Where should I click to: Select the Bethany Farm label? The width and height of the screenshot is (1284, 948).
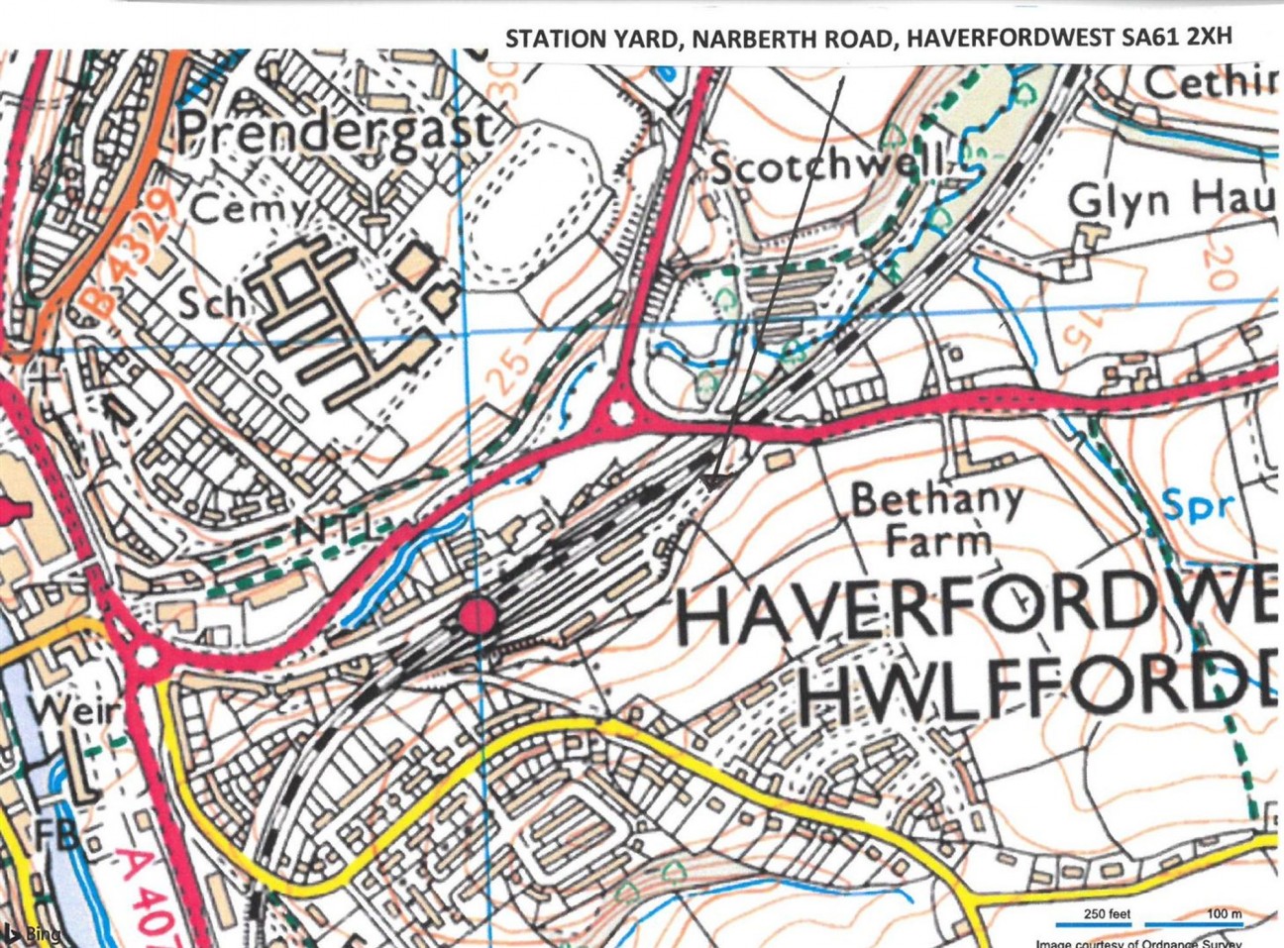[x=937, y=519]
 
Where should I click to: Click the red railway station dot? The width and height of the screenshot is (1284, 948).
[x=478, y=616]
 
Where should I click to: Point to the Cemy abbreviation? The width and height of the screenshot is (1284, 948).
[x=250, y=209]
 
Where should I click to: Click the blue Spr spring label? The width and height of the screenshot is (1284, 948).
[x=1198, y=505]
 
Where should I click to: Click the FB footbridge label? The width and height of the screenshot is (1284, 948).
[x=57, y=833]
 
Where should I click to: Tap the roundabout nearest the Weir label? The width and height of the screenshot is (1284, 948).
[x=147, y=655]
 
